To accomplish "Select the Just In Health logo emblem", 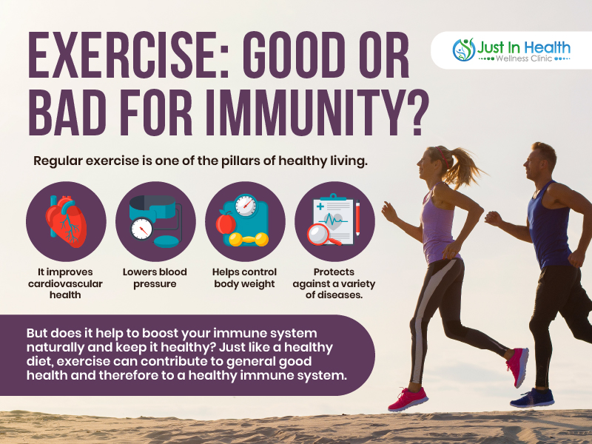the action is pyautogui.click(x=464, y=50).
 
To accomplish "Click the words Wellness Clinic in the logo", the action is pyautogui.click(x=524, y=58).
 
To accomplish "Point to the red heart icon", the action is pyautogui.click(x=66, y=221).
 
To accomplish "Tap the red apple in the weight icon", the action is pyautogui.click(x=226, y=223).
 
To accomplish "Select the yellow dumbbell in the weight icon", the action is pyautogui.click(x=249, y=239).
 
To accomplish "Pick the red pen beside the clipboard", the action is pyautogui.click(x=357, y=218).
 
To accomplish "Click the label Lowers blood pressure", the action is pyautogui.click(x=155, y=277).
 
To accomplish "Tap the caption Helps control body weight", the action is pyautogui.click(x=244, y=277).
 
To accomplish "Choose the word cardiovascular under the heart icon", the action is pyautogui.click(x=65, y=283).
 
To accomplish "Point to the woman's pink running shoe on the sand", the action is pyautogui.click(x=408, y=399).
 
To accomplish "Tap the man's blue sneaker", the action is pyautogui.click(x=532, y=397).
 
